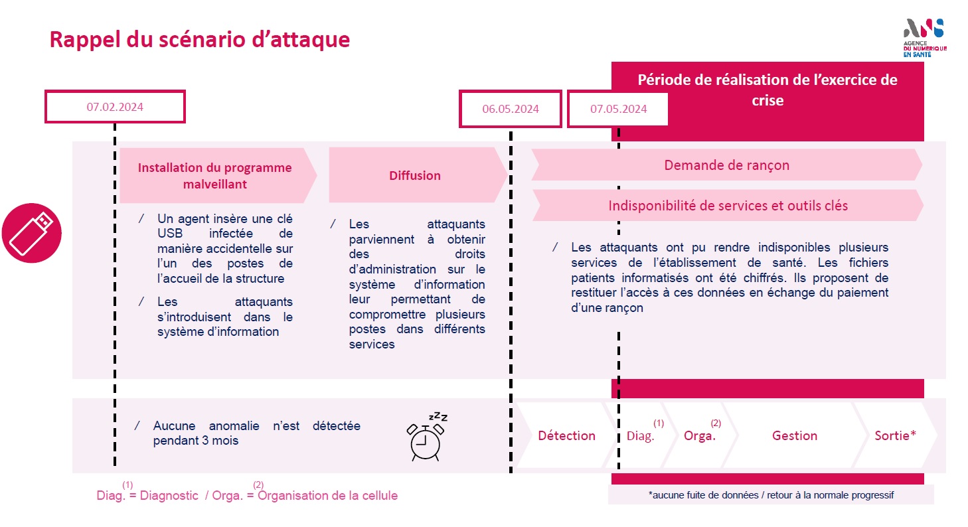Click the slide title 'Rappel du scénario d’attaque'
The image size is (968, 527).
point(200,40)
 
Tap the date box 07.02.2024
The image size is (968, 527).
point(115,107)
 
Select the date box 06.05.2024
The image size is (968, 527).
point(511,109)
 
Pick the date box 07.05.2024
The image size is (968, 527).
point(618,109)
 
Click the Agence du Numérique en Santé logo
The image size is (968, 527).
point(924,38)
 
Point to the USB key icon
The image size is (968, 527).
point(32,233)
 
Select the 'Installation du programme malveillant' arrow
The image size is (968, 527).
point(218,175)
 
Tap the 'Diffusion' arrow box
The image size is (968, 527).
point(418,175)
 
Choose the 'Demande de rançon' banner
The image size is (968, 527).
point(727,165)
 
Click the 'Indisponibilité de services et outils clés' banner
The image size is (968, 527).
point(728,206)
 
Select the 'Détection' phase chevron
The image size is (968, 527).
point(566,435)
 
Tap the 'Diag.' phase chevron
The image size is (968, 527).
point(641,435)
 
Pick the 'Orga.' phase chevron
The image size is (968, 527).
point(700,435)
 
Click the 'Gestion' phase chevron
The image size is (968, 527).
point(795,435)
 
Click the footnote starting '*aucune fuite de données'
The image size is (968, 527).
point(771,495)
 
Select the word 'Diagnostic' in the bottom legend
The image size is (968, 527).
point(169,495)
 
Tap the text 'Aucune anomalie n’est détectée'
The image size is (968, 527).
point(257,426)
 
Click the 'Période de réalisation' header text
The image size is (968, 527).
point(767,90)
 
